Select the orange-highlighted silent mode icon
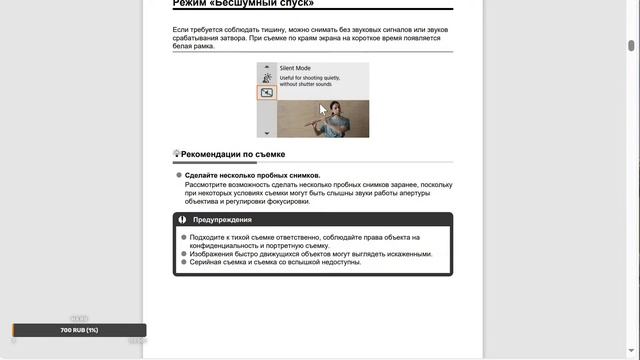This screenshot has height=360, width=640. click(x=267, y=92)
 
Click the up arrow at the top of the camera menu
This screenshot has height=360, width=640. click(x=267, y=66)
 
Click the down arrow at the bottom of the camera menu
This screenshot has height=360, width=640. click(x=267, y=132)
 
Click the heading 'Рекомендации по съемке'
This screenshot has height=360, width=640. click(x=232, y=155)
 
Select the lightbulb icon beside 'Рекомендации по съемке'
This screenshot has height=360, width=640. click(x=176, y=154)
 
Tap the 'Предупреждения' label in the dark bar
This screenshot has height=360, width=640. click(x=222, y=219)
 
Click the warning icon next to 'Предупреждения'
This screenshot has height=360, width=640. click(x=182, y=219)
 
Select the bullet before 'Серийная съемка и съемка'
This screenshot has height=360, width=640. click(x=182, y=262)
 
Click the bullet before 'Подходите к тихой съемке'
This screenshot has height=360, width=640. click(x=182, y=237)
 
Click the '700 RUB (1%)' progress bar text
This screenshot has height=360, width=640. click(x=79, y=330)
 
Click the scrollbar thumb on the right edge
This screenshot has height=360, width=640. click(x=631, y=45)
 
